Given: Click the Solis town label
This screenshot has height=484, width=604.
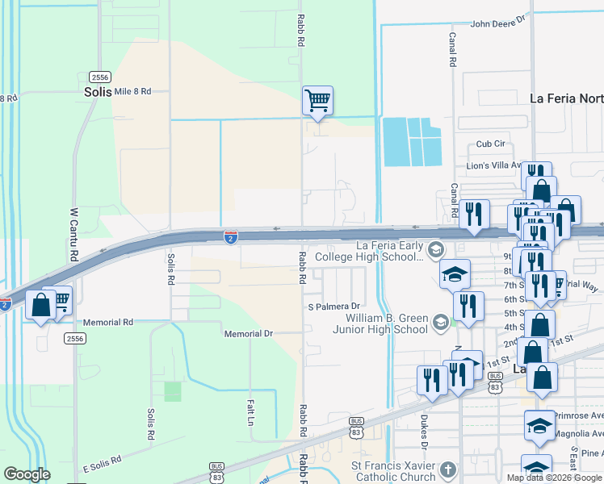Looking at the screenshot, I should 95,92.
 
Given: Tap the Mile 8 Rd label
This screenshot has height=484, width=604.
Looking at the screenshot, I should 132,91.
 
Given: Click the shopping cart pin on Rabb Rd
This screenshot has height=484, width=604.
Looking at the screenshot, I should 317,102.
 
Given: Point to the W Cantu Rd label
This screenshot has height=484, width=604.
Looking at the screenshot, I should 73,235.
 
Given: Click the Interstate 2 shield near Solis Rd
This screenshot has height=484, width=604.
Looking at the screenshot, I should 231,236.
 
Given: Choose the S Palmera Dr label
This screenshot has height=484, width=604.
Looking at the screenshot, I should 333,307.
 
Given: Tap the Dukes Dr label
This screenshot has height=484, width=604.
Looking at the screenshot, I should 424,432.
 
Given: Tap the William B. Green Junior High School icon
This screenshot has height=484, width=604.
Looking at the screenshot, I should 440,323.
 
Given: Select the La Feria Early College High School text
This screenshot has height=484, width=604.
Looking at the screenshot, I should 368,251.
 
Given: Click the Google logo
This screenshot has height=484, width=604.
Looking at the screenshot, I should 27,474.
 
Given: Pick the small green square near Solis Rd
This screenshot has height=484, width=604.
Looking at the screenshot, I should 173,392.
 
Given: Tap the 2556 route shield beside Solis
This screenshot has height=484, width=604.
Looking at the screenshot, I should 100,77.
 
